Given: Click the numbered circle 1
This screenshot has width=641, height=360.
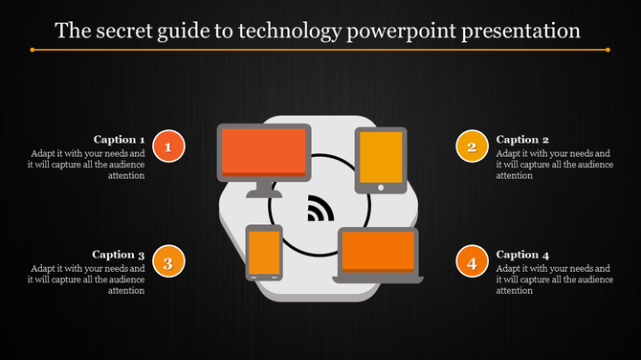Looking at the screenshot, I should (169, 146).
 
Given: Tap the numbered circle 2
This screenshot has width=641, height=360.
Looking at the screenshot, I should (470, 146).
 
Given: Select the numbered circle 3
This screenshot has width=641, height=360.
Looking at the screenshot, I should (169, 261).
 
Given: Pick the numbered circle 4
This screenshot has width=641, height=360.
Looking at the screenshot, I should (470, 261).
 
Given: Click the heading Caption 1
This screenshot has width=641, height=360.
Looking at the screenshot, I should (119, 139).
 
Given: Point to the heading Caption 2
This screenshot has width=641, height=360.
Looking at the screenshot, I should (522, 139).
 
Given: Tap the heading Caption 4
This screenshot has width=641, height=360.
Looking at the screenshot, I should (522, 255).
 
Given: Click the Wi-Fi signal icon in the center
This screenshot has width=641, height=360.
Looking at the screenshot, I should (320, 209).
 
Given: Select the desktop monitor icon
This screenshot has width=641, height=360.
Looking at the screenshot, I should (264, 153).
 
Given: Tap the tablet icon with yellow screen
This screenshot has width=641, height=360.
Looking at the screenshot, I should (381, 158).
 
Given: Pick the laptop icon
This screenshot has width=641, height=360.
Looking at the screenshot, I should (378, 255).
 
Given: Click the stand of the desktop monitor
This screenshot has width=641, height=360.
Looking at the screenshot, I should (264, 190).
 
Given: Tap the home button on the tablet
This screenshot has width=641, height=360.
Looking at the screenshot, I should (381, 188).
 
